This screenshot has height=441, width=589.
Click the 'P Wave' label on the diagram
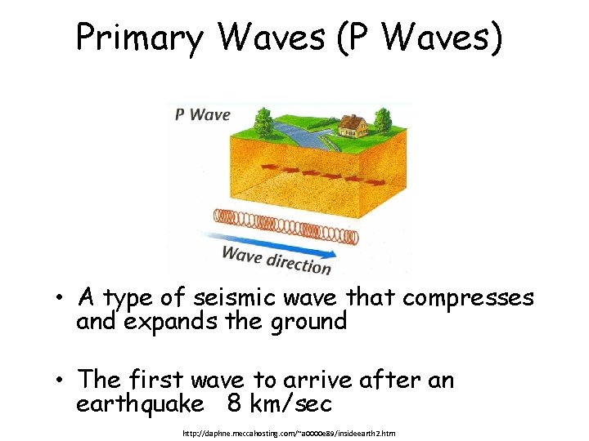pyautogui.click(x=202, y=114)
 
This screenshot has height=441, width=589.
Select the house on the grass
pyautogui.click(x=352, y=125)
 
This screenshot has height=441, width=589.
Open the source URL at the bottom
pyautogui.click(x=289, y=432)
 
